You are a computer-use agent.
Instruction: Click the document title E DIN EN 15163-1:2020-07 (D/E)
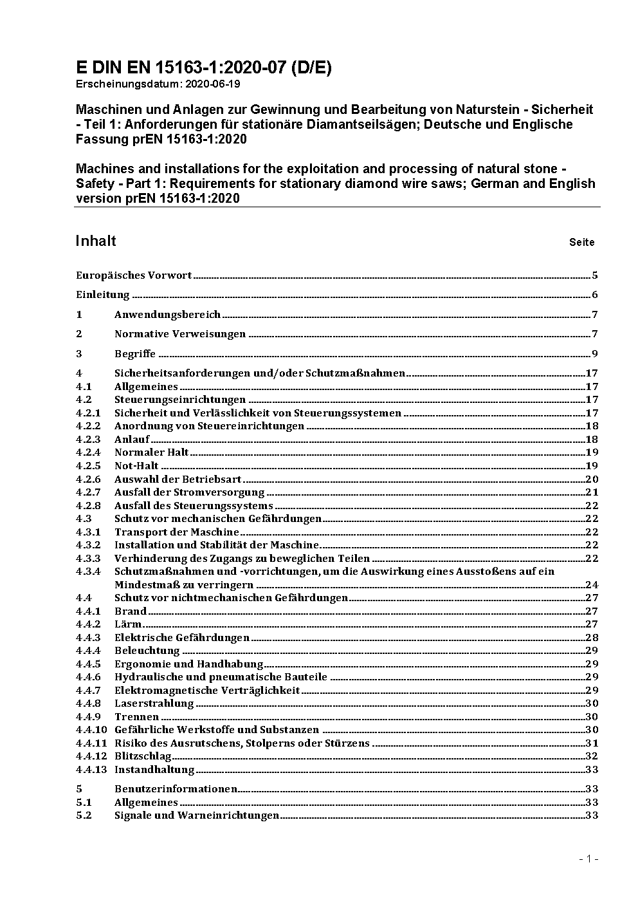click(x=203, y=68)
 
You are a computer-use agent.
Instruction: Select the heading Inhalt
click(x=96, y=241)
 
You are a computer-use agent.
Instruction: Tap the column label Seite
click(x=581, y=243)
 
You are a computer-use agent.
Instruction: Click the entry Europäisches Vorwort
click(x=134, y=275)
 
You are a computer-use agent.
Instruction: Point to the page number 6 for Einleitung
click(x=595, y=295)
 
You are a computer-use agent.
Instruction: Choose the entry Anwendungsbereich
click(x=167, y=315)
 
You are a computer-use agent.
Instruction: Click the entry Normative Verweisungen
click(x=180, y=334)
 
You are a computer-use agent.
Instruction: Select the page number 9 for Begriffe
click(x=595, y=354)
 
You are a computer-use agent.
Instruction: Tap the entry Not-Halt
click(x=136, y=466)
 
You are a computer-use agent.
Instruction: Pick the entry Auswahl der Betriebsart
click(x=178, y=479)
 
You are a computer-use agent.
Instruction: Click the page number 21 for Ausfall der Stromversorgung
click(x=592, y=492)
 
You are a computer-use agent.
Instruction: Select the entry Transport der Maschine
click(x=176, y=532)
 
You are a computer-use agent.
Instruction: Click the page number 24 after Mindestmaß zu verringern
click(x=592, y=585)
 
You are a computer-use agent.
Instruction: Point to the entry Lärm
click(x=127, y=624)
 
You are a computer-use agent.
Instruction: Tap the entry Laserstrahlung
click(x=154, y=703)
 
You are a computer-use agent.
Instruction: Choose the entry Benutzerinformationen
click(x=176, y=789)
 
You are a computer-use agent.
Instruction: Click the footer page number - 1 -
click(x=588, y=859)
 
